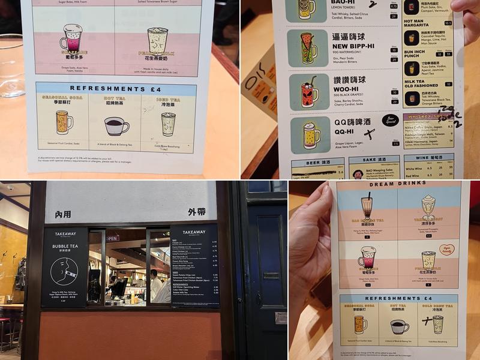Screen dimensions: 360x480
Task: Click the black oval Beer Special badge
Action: click(390, 121)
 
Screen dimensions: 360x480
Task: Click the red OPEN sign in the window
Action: click(112, 238)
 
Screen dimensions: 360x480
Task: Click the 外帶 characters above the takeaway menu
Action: click(196, 212)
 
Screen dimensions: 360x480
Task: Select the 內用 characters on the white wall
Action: click(63, 214)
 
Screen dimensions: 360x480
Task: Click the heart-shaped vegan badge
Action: click(446, 249)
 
